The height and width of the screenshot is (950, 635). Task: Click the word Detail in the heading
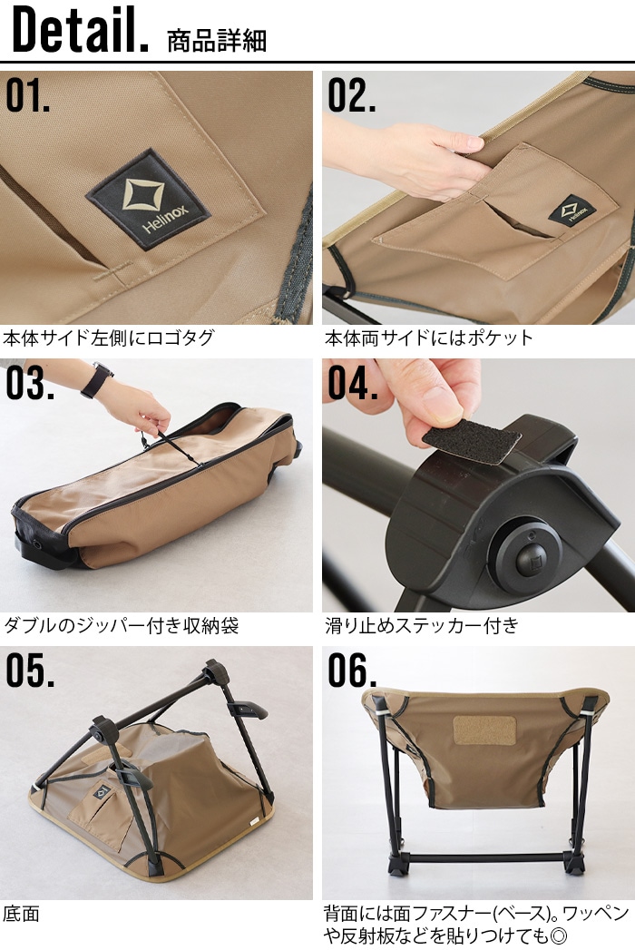coord(80,32)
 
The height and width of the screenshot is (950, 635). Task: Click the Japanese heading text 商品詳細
coord(217,40)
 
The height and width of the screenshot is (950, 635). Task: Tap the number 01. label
coord(28,96)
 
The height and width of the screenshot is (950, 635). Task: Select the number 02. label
coord(351,96)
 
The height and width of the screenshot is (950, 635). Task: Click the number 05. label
coord(29,671)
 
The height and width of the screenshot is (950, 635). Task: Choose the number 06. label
coord(352,671)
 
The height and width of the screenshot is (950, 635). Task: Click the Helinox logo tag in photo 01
coord(148,200)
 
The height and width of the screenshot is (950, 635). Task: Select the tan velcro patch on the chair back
coord(484,731)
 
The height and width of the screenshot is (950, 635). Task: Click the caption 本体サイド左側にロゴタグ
coord(109,338)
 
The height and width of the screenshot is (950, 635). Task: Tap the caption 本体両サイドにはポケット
coord(429,338)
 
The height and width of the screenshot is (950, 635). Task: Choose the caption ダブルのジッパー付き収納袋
coord(122,625)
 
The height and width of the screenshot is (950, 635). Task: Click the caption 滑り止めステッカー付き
coord(421,625)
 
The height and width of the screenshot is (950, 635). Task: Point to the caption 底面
coord(22,912)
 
